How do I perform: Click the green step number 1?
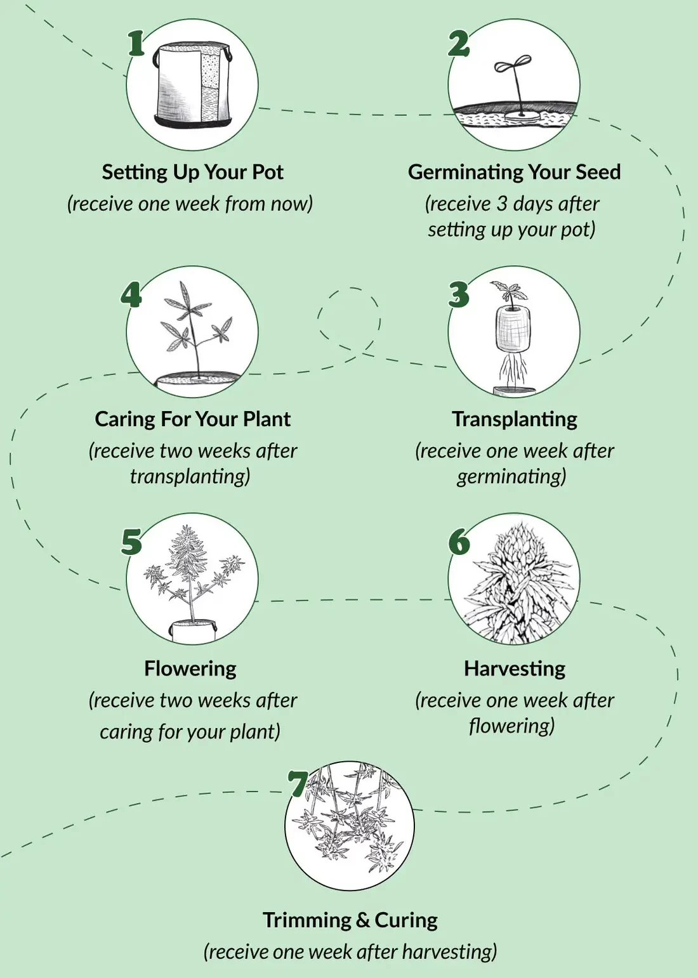(x=136, y=43)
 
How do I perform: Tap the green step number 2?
(x=459, y=44)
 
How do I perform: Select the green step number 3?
(x=459, y=294)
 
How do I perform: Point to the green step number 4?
(x=131, y=294)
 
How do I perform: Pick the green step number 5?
(x=131, y=542)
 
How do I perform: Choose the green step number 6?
(x=459, y=542)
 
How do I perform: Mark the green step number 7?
(x=298, y=784)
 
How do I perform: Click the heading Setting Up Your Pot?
(x=192, y=172)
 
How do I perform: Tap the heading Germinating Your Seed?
(x=514, y=172)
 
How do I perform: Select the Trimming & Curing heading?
(x=350, y=920)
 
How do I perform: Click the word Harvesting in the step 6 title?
(x=515, y=668)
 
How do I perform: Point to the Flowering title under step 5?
(x=190, y=668)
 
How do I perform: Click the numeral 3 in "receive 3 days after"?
(x=502, y=204)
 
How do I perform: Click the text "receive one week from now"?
(x=190, y=204)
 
